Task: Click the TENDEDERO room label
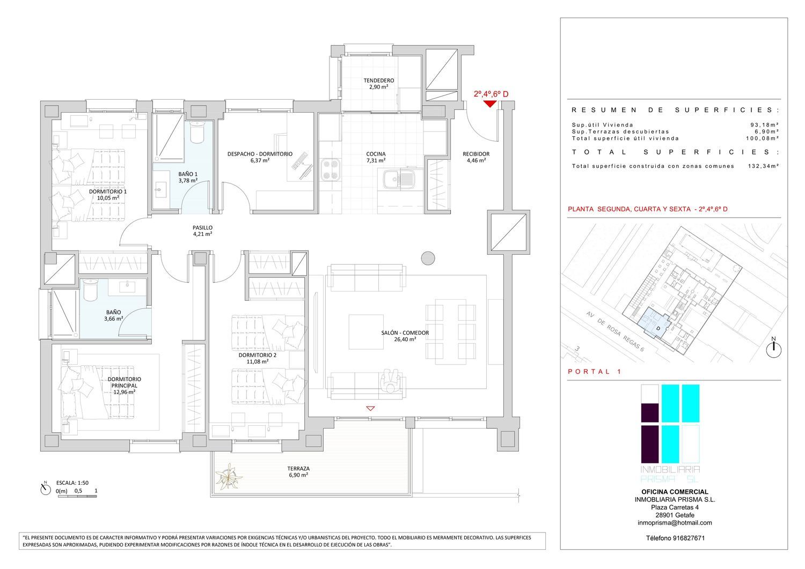tap(378, 80)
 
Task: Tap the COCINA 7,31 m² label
tap(376, 157)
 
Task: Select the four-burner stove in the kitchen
tap(331, 169)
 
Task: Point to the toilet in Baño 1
tap(197, 132)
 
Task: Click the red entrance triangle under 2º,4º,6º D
tap(490, 104)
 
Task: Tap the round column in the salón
tap(428, 258)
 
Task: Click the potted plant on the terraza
tap(229, 476)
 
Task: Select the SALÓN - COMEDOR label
tap(405, 332)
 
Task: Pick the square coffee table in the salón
tap(366, 332)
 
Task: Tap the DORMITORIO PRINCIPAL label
tap(125, 382)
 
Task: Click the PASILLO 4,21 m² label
tap(202, 231)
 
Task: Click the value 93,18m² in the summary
tap(765, 124)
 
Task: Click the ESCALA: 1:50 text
tap(72, 483)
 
